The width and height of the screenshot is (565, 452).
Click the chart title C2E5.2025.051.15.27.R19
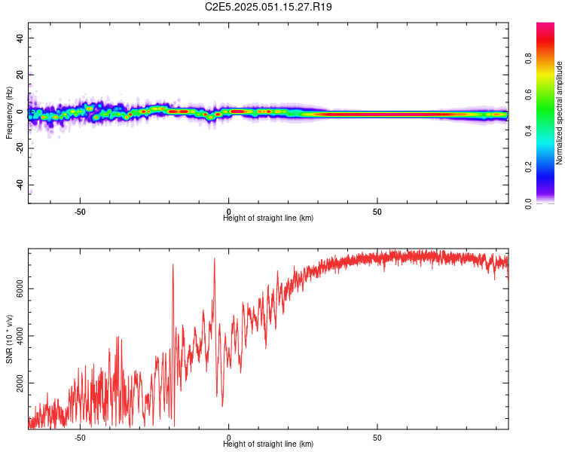click(269, 7)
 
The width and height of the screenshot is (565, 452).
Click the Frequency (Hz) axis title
click(9, 113)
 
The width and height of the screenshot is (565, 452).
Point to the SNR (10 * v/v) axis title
click(9, 339)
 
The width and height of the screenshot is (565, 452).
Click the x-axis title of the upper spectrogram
click(268, 218)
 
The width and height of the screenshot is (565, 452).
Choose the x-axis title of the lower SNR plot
click(268, 444)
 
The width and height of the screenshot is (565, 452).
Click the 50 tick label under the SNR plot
click(377, 438)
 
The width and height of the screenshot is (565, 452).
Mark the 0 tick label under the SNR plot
click(229, 438)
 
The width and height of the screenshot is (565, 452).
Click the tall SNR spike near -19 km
click(173, 265)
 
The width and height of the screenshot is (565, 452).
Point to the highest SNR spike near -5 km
click(215, 259)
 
